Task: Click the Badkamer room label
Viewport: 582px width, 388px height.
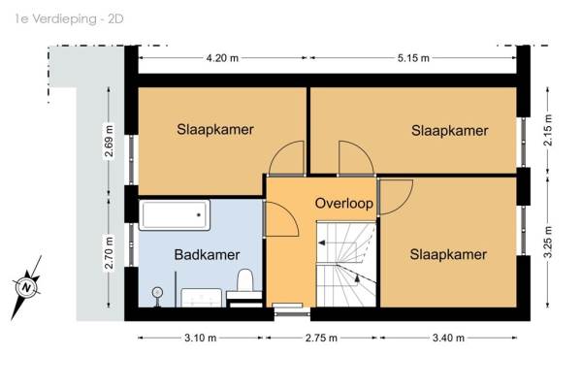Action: tap(207, 255)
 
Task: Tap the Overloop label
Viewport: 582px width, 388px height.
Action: tap(344, 204)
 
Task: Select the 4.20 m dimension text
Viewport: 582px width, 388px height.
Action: tap(222, 58)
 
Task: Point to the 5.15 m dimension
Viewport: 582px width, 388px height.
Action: tap(413, 58)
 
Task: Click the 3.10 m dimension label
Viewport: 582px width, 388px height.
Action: tap(200, 338)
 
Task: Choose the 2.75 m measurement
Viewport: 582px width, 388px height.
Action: tap(321, 338)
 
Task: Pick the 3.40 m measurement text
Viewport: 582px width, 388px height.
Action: tap(448, 338)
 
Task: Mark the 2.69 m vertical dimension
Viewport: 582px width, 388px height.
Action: tap(109, 142)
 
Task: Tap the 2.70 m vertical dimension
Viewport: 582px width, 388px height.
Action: tap(109, 252)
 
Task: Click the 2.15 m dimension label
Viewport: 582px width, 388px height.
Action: tap(548, 130)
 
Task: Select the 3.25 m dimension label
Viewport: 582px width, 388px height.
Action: tap(548, 242)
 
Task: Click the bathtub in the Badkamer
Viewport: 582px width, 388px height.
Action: tap(175, 215)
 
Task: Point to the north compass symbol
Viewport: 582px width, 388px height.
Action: tap(26, 287)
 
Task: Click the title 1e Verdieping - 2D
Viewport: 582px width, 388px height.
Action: tap(69, 18)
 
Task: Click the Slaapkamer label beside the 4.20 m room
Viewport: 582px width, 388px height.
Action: tap(215, 129)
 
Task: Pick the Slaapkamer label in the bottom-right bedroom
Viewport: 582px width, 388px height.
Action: tap(448, 254)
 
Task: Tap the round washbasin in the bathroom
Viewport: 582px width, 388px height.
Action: tap(157, 293)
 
